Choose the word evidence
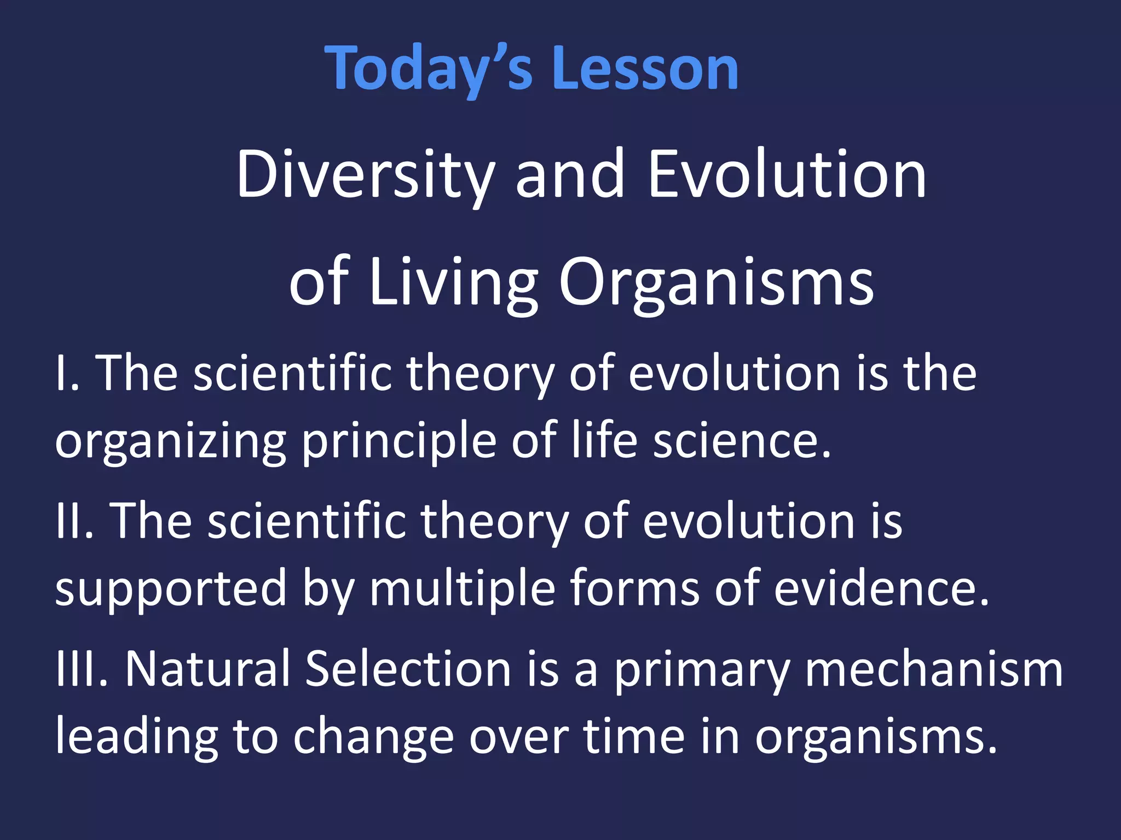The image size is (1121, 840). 881,588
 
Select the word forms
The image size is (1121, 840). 635,588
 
